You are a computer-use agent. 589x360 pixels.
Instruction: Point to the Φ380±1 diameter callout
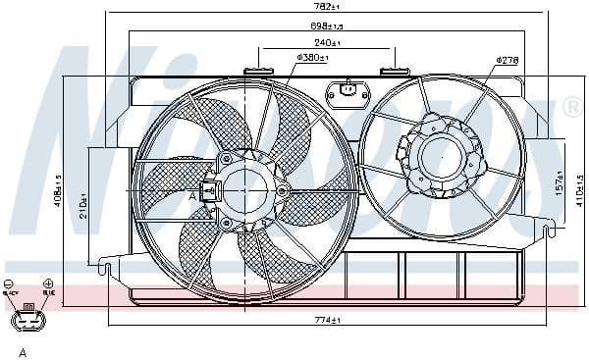tap(312, 58)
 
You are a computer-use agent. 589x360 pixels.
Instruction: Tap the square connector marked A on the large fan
tap(207, 192)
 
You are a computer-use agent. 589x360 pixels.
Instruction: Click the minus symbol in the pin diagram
tap(8, 284)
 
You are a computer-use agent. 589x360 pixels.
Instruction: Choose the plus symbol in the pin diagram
tap(47, 284)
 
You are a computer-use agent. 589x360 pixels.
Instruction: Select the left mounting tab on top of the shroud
tap(260, 70)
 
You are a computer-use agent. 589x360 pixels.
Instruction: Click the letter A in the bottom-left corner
tap(22, 350)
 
